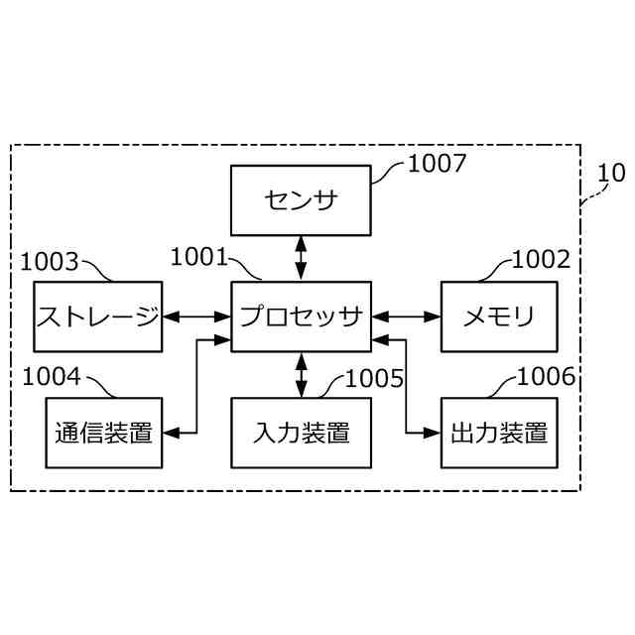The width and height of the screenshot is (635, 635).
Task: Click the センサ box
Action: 301,199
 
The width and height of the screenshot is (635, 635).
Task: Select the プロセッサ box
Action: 301,317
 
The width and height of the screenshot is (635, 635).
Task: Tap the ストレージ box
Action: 97,317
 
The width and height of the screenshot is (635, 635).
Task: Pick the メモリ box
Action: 499,317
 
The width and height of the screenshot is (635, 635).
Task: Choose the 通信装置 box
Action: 103,433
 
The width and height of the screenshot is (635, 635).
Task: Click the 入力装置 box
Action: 301,433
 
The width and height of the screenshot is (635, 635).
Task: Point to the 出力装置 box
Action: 499,433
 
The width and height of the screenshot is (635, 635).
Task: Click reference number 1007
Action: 437,164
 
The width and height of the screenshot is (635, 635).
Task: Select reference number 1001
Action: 199,257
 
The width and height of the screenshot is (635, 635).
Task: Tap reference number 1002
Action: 542,260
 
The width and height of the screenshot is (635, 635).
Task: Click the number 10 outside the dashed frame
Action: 611,173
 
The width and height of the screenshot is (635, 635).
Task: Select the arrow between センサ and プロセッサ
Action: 301,258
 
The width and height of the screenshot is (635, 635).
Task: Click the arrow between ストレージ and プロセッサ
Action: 196,317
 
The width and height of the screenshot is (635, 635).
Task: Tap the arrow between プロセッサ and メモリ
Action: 406,317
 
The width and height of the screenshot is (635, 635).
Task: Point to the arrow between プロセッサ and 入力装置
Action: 301,375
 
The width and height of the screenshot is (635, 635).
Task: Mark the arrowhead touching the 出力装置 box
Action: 434,433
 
